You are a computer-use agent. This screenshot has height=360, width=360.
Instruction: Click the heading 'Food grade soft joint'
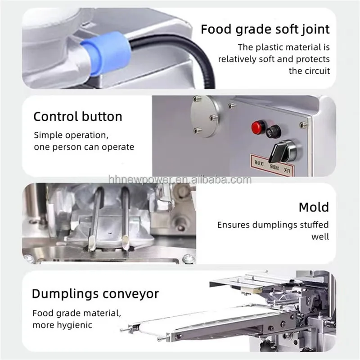pyautogui.click(x=265, y=30)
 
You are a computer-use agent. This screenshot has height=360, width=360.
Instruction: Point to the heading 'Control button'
pyautogui.click(x=78, y=117)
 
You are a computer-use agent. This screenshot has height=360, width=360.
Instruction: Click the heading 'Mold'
pyautogui.click(x=314, y=207)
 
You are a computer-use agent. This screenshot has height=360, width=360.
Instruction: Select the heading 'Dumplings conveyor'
pyautogui.click(x=95, y=294)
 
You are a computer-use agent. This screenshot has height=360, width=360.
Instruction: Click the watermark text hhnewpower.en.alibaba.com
pyautogui.click(x=180, y=180)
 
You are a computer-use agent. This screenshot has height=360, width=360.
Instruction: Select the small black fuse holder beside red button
pyautogui.click(x=273, y=131)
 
